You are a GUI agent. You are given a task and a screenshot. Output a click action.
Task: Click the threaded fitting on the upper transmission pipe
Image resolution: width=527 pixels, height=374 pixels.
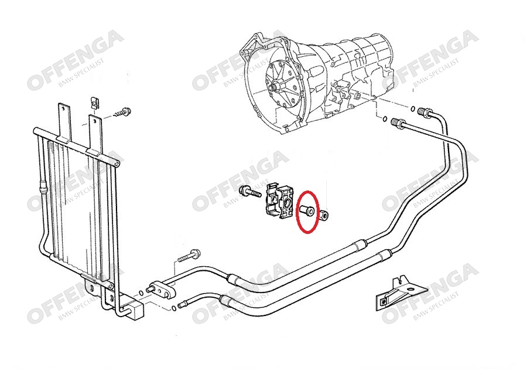[426, 112]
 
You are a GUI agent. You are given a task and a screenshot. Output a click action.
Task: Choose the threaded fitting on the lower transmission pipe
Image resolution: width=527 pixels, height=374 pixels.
[398, 123]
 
